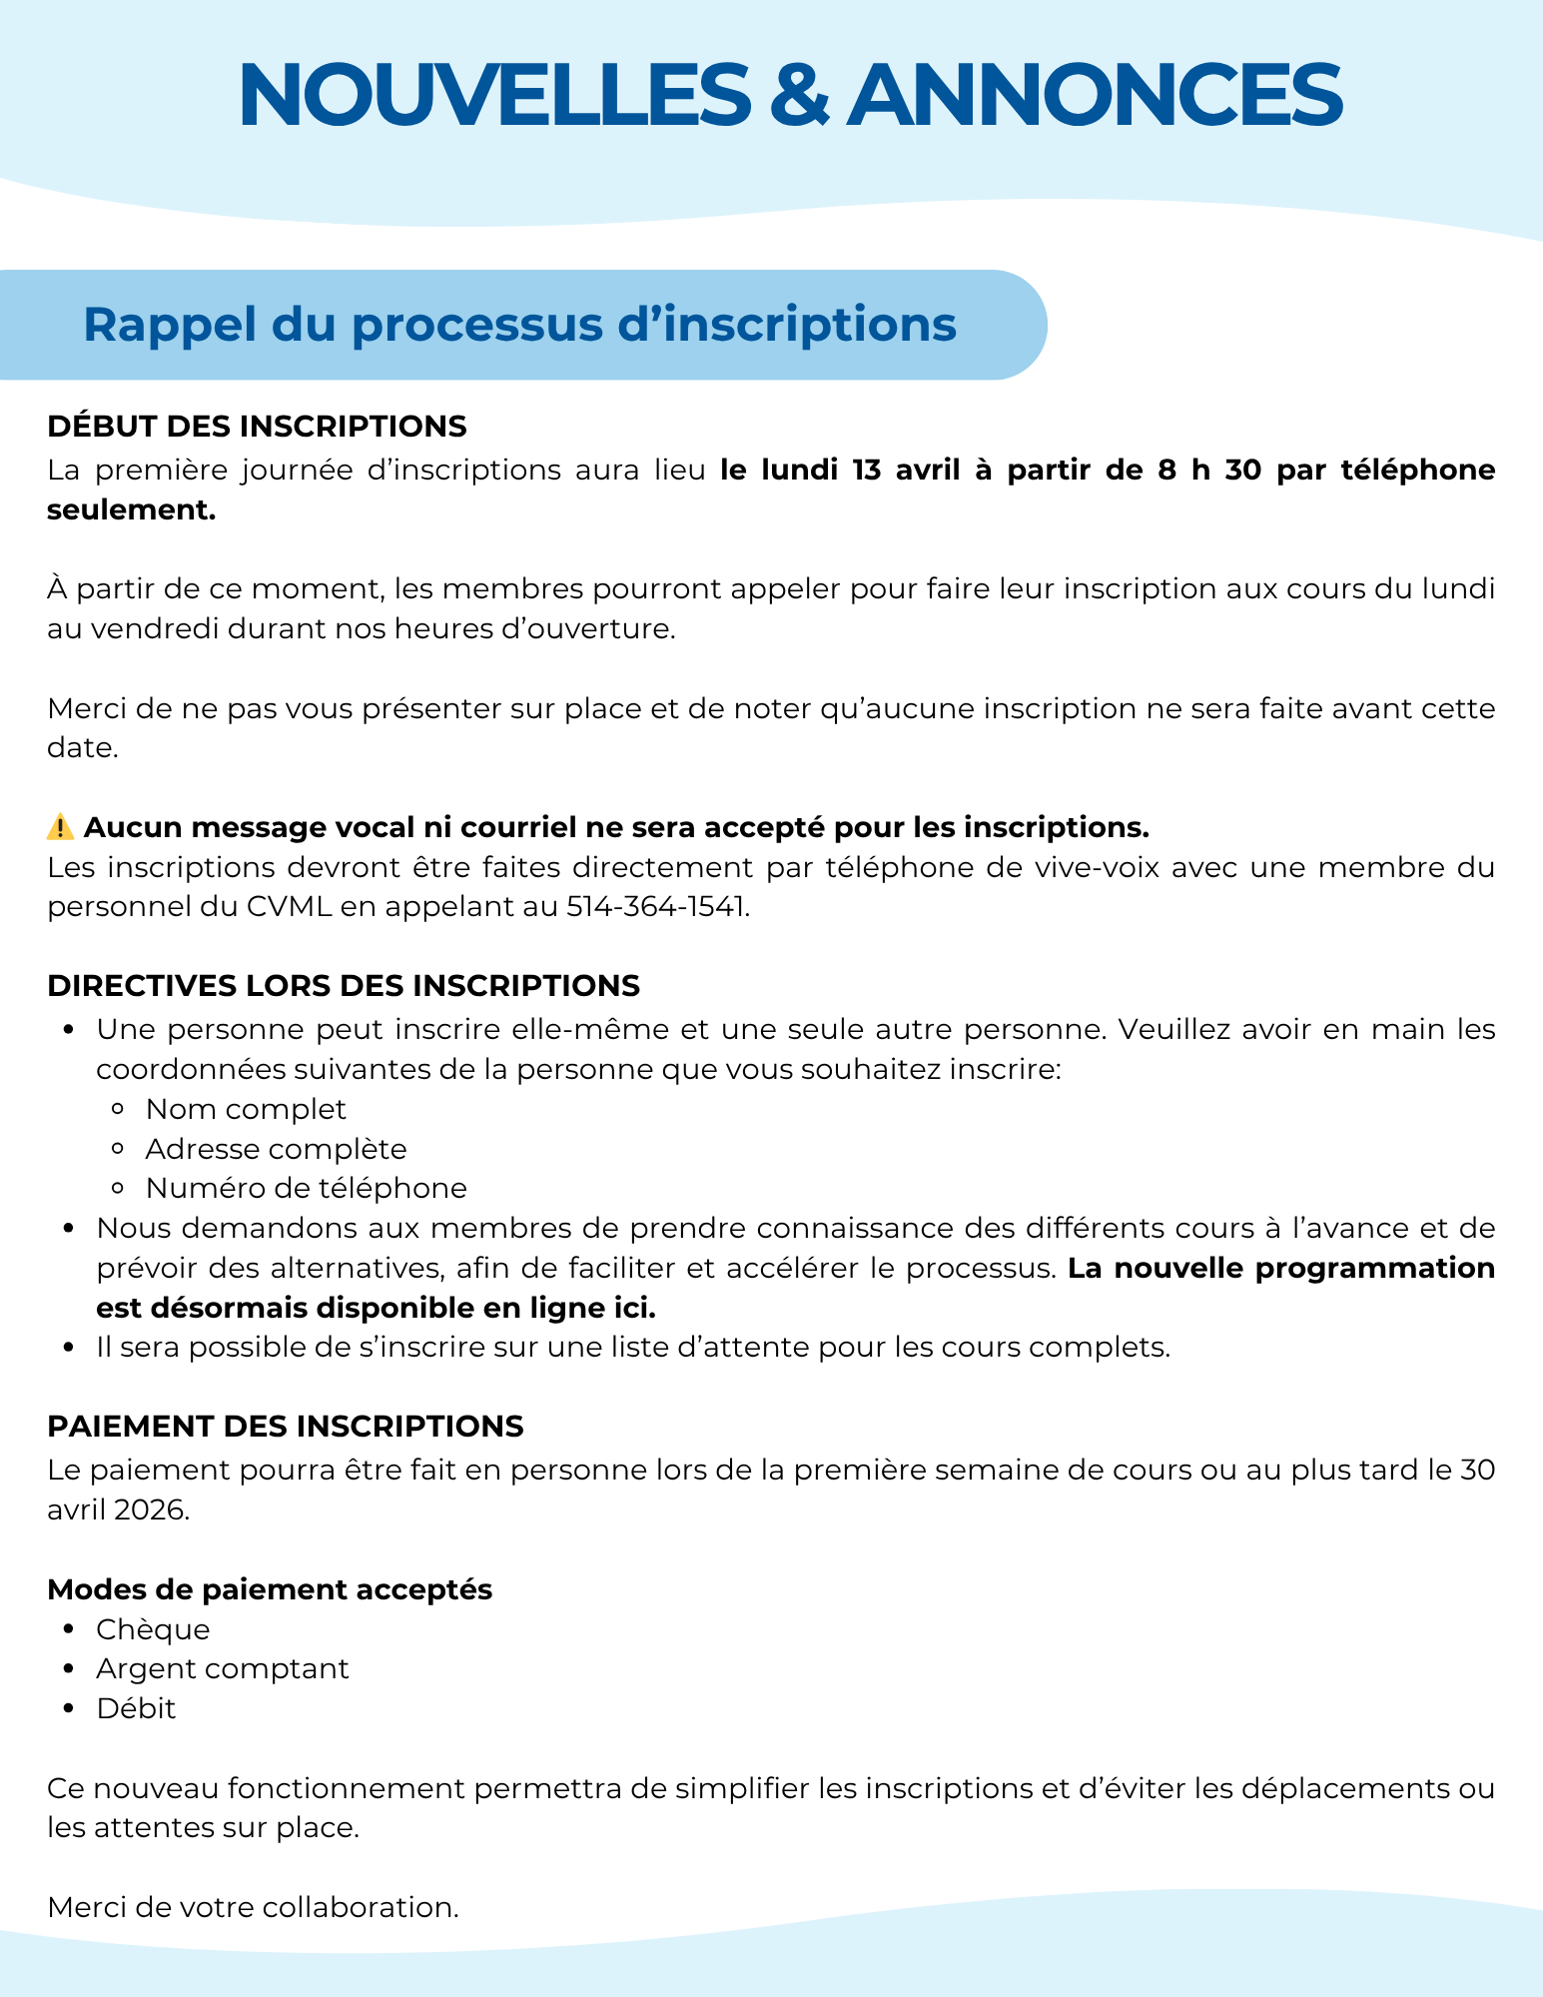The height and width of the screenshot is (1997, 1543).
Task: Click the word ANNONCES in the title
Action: [1094, 95]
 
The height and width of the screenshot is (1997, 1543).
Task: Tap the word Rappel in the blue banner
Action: [152, 325]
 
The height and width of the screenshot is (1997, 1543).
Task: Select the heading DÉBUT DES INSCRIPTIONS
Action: [257, 427]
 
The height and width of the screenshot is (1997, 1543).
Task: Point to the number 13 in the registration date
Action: [866, 470]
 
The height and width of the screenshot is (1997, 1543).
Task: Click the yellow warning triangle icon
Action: [60, 827]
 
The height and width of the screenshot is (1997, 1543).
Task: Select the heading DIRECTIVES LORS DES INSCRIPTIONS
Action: [344, 986]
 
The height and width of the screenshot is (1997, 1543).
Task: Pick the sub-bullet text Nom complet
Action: [246, 1109]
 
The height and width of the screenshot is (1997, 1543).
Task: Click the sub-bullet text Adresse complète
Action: [276, 1149]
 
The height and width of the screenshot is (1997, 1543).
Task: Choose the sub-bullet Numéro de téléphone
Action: [306, 1188]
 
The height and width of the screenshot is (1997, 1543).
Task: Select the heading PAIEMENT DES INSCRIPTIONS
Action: [285, 1427]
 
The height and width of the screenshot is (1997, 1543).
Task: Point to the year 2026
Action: [150, 1509]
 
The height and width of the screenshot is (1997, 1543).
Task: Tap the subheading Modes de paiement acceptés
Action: [270, 1589]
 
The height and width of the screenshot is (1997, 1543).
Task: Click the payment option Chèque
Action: [153, 1629]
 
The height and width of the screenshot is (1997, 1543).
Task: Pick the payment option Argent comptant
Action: [223, 1668]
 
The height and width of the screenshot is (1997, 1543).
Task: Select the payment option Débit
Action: [136, 1708]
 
